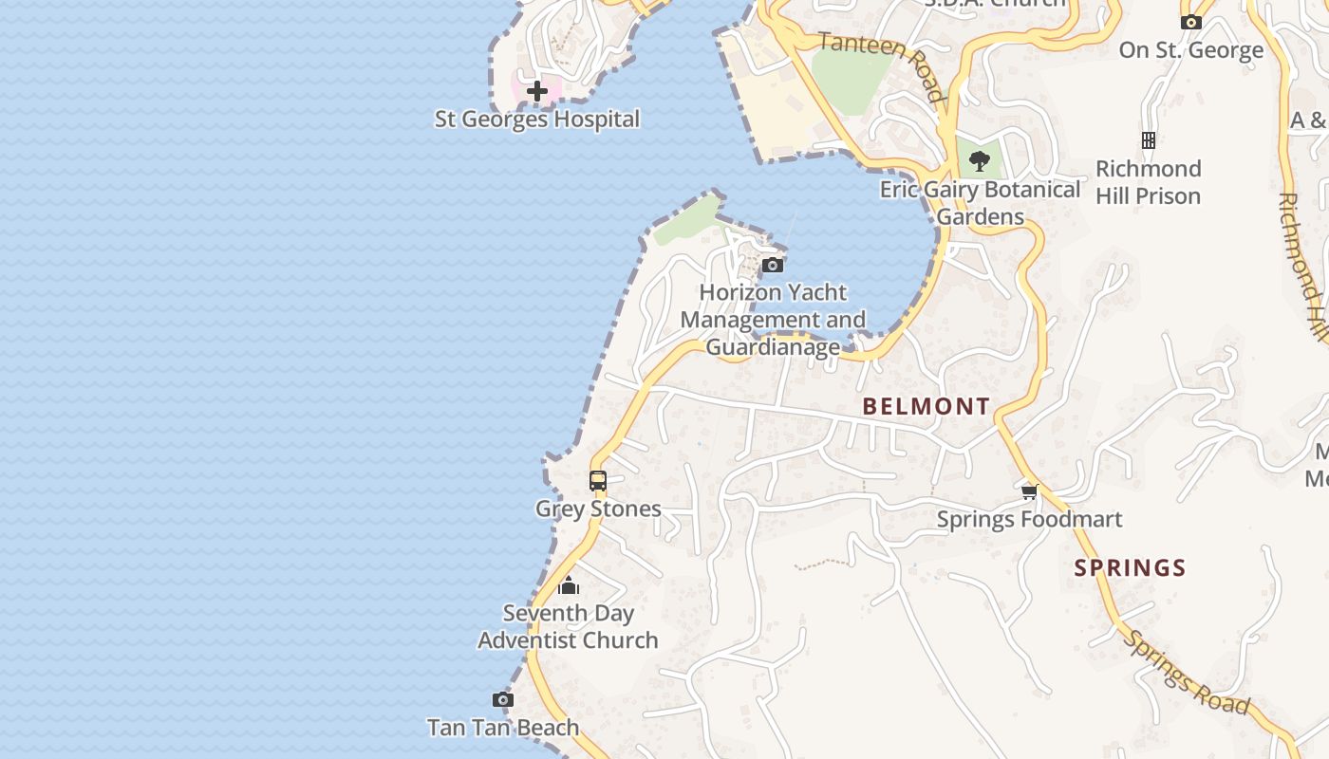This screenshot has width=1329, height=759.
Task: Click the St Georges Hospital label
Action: [x=537, y=120]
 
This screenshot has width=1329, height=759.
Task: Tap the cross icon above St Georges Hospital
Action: [x=537, y=91]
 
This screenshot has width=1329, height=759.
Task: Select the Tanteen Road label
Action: [x=882, y=65]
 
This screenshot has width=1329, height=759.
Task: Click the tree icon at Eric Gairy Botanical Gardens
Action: [x=980, y=161]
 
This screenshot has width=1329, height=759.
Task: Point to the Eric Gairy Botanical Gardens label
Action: [x=980, y=203]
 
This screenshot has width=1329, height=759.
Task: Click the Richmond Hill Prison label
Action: [x=1148, y=182]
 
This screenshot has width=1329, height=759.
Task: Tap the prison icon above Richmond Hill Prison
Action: [x=1148, y=140]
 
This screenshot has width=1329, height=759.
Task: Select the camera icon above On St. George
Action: [x=1190, y=22]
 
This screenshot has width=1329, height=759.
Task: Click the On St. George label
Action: [x=1190, y=50]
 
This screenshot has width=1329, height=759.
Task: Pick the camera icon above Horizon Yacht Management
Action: [x=773, y=265]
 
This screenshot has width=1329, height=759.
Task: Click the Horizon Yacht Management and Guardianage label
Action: [x=773, y=320]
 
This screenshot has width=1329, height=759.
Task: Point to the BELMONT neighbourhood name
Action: [x=926, y=407]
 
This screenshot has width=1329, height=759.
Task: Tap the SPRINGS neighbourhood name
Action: [x=1130, y=568]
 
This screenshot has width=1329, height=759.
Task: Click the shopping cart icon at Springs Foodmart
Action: [x=1029, y=491]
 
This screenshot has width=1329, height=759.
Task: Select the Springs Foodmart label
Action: [x=1029, y=520]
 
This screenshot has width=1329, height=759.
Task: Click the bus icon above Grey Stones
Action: [x=597, y=481]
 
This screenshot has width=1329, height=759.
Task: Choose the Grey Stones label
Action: [x=598, y=509]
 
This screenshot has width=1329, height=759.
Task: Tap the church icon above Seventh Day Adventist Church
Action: [x=568, y=585]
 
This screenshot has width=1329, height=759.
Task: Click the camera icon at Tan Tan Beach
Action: [x=502, y=700]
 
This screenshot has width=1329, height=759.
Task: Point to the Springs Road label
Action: [x=1187, y=672]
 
